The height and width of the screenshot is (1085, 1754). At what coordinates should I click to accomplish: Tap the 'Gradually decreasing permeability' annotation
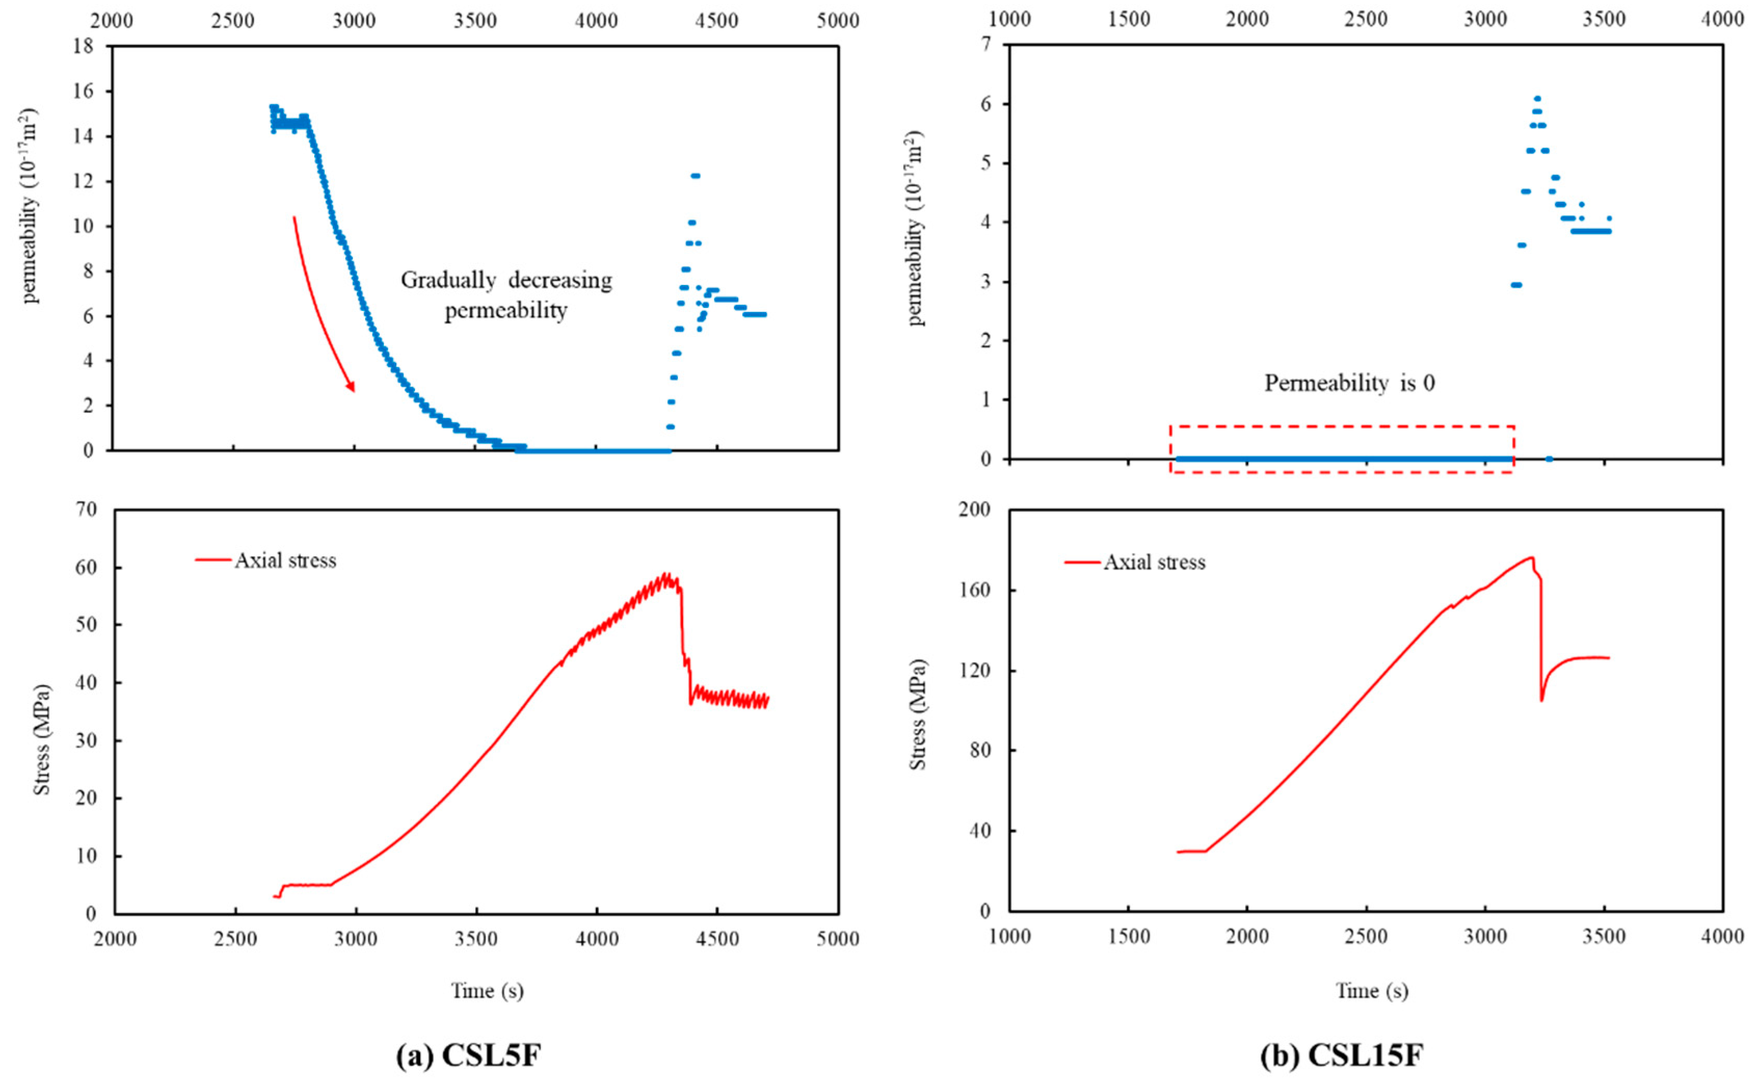[506, 295]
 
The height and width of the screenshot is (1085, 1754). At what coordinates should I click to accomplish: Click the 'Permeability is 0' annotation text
[1349, 383]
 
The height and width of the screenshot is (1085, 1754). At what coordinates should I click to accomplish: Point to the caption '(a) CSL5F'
[469, 1055]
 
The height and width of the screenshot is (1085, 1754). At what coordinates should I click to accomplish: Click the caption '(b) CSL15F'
[1341, 1055]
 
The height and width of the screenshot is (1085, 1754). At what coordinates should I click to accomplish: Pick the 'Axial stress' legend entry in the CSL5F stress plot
[285, 561]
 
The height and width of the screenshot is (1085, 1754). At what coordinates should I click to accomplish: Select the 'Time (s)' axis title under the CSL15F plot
[1371, 991]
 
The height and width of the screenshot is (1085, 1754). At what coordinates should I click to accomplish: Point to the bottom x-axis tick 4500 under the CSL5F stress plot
[717, 939]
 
